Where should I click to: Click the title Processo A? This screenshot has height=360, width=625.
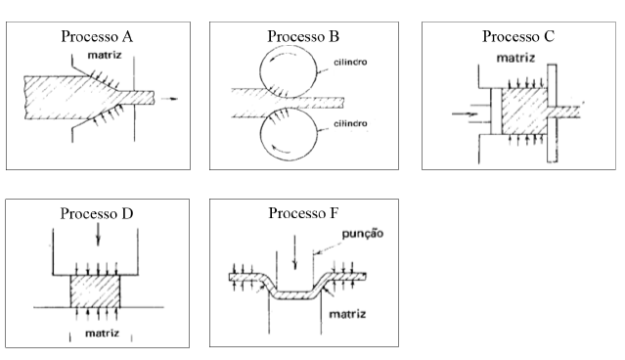97,36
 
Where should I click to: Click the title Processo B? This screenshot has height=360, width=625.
303,36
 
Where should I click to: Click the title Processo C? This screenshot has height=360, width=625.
518,36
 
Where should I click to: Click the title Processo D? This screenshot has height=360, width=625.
97,213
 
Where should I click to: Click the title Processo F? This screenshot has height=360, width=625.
303,213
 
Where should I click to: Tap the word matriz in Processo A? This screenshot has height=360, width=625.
105,55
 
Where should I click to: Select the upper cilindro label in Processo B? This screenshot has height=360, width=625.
350,63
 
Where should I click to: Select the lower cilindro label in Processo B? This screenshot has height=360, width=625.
350,123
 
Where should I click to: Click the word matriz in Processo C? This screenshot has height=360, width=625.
515,58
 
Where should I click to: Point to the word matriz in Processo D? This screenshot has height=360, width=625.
102,333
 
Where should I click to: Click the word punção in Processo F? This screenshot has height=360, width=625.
363,234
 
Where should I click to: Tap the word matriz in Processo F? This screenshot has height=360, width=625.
347,314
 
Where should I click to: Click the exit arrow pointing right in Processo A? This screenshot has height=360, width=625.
169,99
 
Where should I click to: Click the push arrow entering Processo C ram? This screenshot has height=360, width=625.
465,114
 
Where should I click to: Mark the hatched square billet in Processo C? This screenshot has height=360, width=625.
524,112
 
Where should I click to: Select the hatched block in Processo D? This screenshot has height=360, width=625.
95,291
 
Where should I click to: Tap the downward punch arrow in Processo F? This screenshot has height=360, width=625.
294,252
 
